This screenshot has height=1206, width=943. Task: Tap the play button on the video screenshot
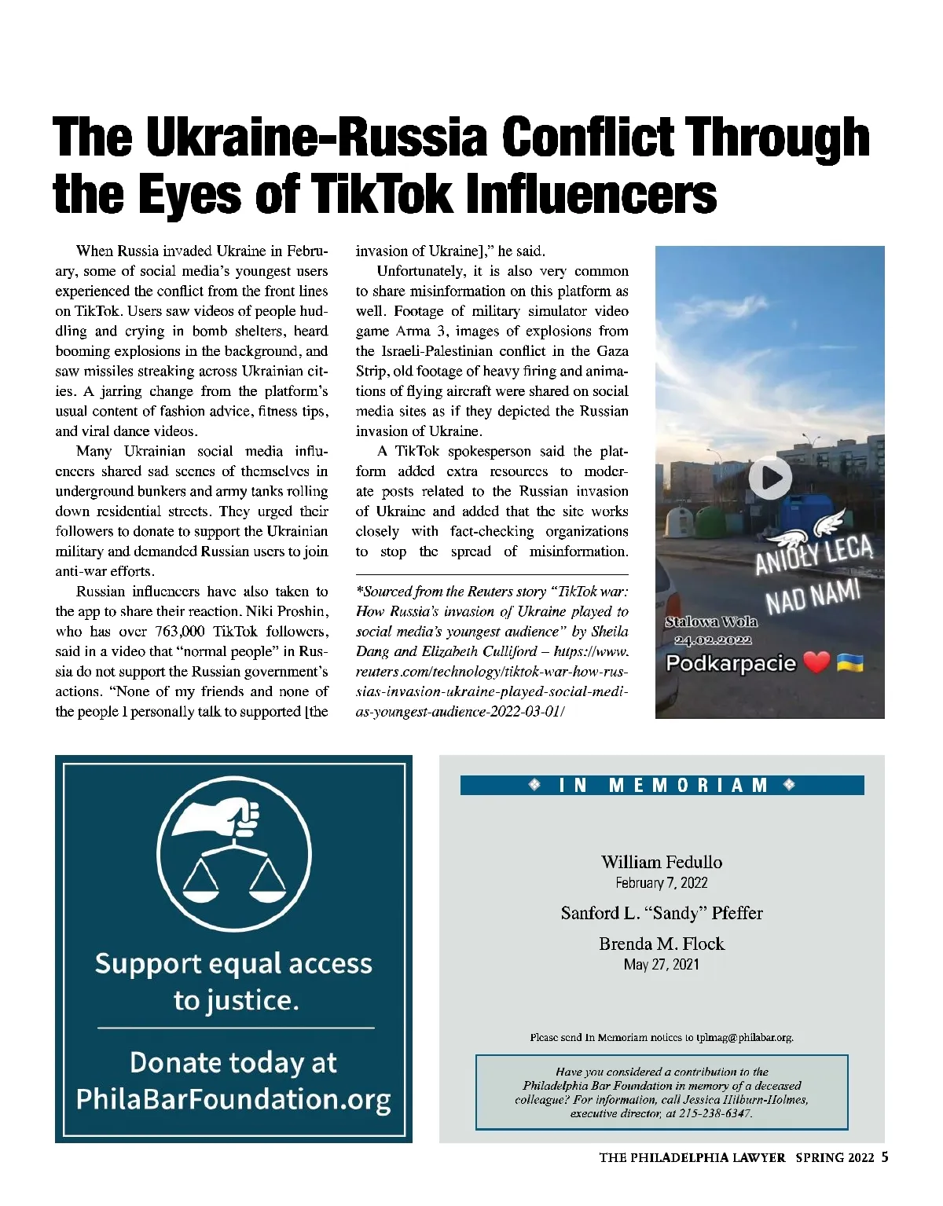(x=769, y=478)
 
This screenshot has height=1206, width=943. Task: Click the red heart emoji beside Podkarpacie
(x=817, y=662)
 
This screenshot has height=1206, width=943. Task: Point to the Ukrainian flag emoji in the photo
(x=850, y=662)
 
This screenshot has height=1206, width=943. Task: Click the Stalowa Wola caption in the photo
(x=711, y=621)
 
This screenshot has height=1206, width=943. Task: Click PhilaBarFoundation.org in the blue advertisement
(x=233, y=1098)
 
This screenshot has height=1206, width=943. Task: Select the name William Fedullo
(x=662, y=862)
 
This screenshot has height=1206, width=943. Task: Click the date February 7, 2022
(x=662, y=883)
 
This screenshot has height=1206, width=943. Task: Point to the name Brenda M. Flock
(x=662, y=944)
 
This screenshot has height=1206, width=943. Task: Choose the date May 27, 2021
(x=662, y=964)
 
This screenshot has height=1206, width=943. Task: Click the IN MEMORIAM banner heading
(x=662, y=785)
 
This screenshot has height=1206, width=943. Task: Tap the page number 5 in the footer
(x=885, y=1157)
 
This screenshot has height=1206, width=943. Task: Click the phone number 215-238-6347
(x=708, y=1113)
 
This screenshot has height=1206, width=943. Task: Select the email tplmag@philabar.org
(x=744, y=1037)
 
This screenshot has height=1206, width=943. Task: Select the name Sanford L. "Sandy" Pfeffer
(x=662, y=913)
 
